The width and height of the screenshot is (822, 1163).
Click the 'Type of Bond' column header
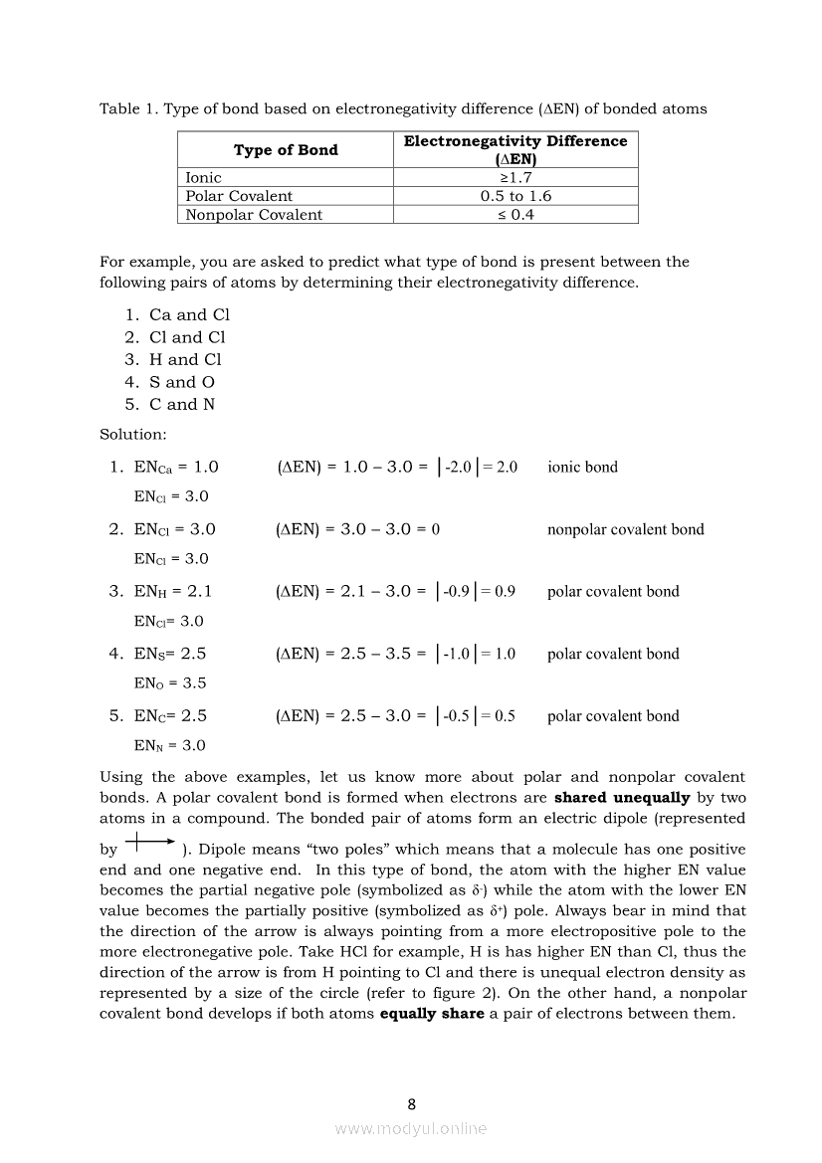coord(286,150)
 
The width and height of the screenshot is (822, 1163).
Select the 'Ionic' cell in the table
coord(204,177)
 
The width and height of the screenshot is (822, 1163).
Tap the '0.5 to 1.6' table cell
coord(515,196)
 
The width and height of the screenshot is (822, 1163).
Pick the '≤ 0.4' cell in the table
coord(515,215)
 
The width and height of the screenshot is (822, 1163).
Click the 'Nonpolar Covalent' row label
coord(254,215)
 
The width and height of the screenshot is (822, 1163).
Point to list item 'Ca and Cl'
coord(189,314)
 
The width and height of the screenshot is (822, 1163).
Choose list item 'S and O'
coord(181,382)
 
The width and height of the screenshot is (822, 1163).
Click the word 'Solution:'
coord(133,435)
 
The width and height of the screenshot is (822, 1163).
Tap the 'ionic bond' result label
coord(582,467)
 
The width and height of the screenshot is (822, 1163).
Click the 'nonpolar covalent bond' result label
coord(625,529)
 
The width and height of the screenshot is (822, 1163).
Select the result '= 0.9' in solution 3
coord(498,591)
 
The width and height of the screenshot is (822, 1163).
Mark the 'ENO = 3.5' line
coord(170,683)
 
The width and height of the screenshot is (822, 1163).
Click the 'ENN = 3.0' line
coord(170,745)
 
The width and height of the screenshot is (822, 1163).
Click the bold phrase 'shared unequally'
coord(621,798)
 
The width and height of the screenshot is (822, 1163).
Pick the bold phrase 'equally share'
coord(432,1014)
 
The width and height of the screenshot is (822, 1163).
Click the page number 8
coord(411,1103)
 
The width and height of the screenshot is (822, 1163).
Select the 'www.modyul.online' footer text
coord(411,1129)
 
